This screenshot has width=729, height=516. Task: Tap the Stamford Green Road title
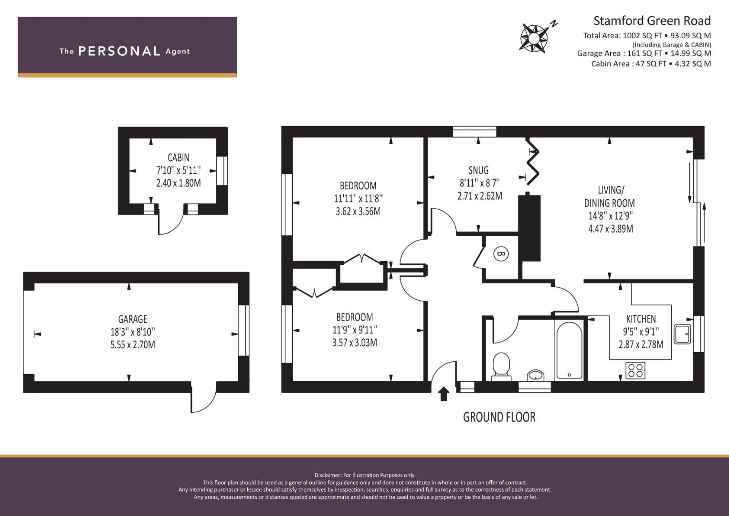[652, 21]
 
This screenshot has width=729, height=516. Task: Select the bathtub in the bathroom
[569, 350]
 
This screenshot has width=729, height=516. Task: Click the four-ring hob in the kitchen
[635, 370]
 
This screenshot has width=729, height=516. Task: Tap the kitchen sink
[682, 334]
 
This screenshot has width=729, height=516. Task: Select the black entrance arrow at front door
[444, 394]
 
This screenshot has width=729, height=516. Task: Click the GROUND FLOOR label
[499, 417]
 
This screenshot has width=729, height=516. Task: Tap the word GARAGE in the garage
[133, 319]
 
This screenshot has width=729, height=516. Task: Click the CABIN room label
[178, 158]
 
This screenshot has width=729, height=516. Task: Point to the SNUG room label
[478, 170]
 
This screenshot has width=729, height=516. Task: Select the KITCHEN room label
[641, 319]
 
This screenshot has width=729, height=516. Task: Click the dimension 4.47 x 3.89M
[610, 229]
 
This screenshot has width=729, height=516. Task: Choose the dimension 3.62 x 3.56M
[358, 211]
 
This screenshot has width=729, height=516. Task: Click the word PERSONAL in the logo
[119, 51]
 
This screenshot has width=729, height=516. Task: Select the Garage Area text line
[644, 54]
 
